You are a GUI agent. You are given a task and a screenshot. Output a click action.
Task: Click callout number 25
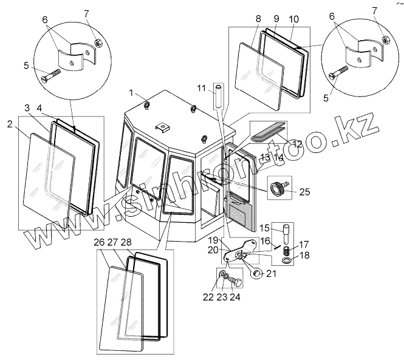pos(305,192)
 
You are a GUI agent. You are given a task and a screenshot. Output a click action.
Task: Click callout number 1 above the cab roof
pos(132,92)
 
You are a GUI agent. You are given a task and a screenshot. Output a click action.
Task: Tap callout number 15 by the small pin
pos(264,228)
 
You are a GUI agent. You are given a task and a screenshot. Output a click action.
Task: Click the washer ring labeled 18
pos(287,262)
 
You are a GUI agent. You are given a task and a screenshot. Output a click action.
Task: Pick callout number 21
pos(271,274)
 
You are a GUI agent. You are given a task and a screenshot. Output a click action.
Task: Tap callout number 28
pos(126,242)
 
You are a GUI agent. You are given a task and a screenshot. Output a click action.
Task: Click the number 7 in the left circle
pos(86,13)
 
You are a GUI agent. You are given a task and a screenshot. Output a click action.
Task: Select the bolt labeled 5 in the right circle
pos(338,75)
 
